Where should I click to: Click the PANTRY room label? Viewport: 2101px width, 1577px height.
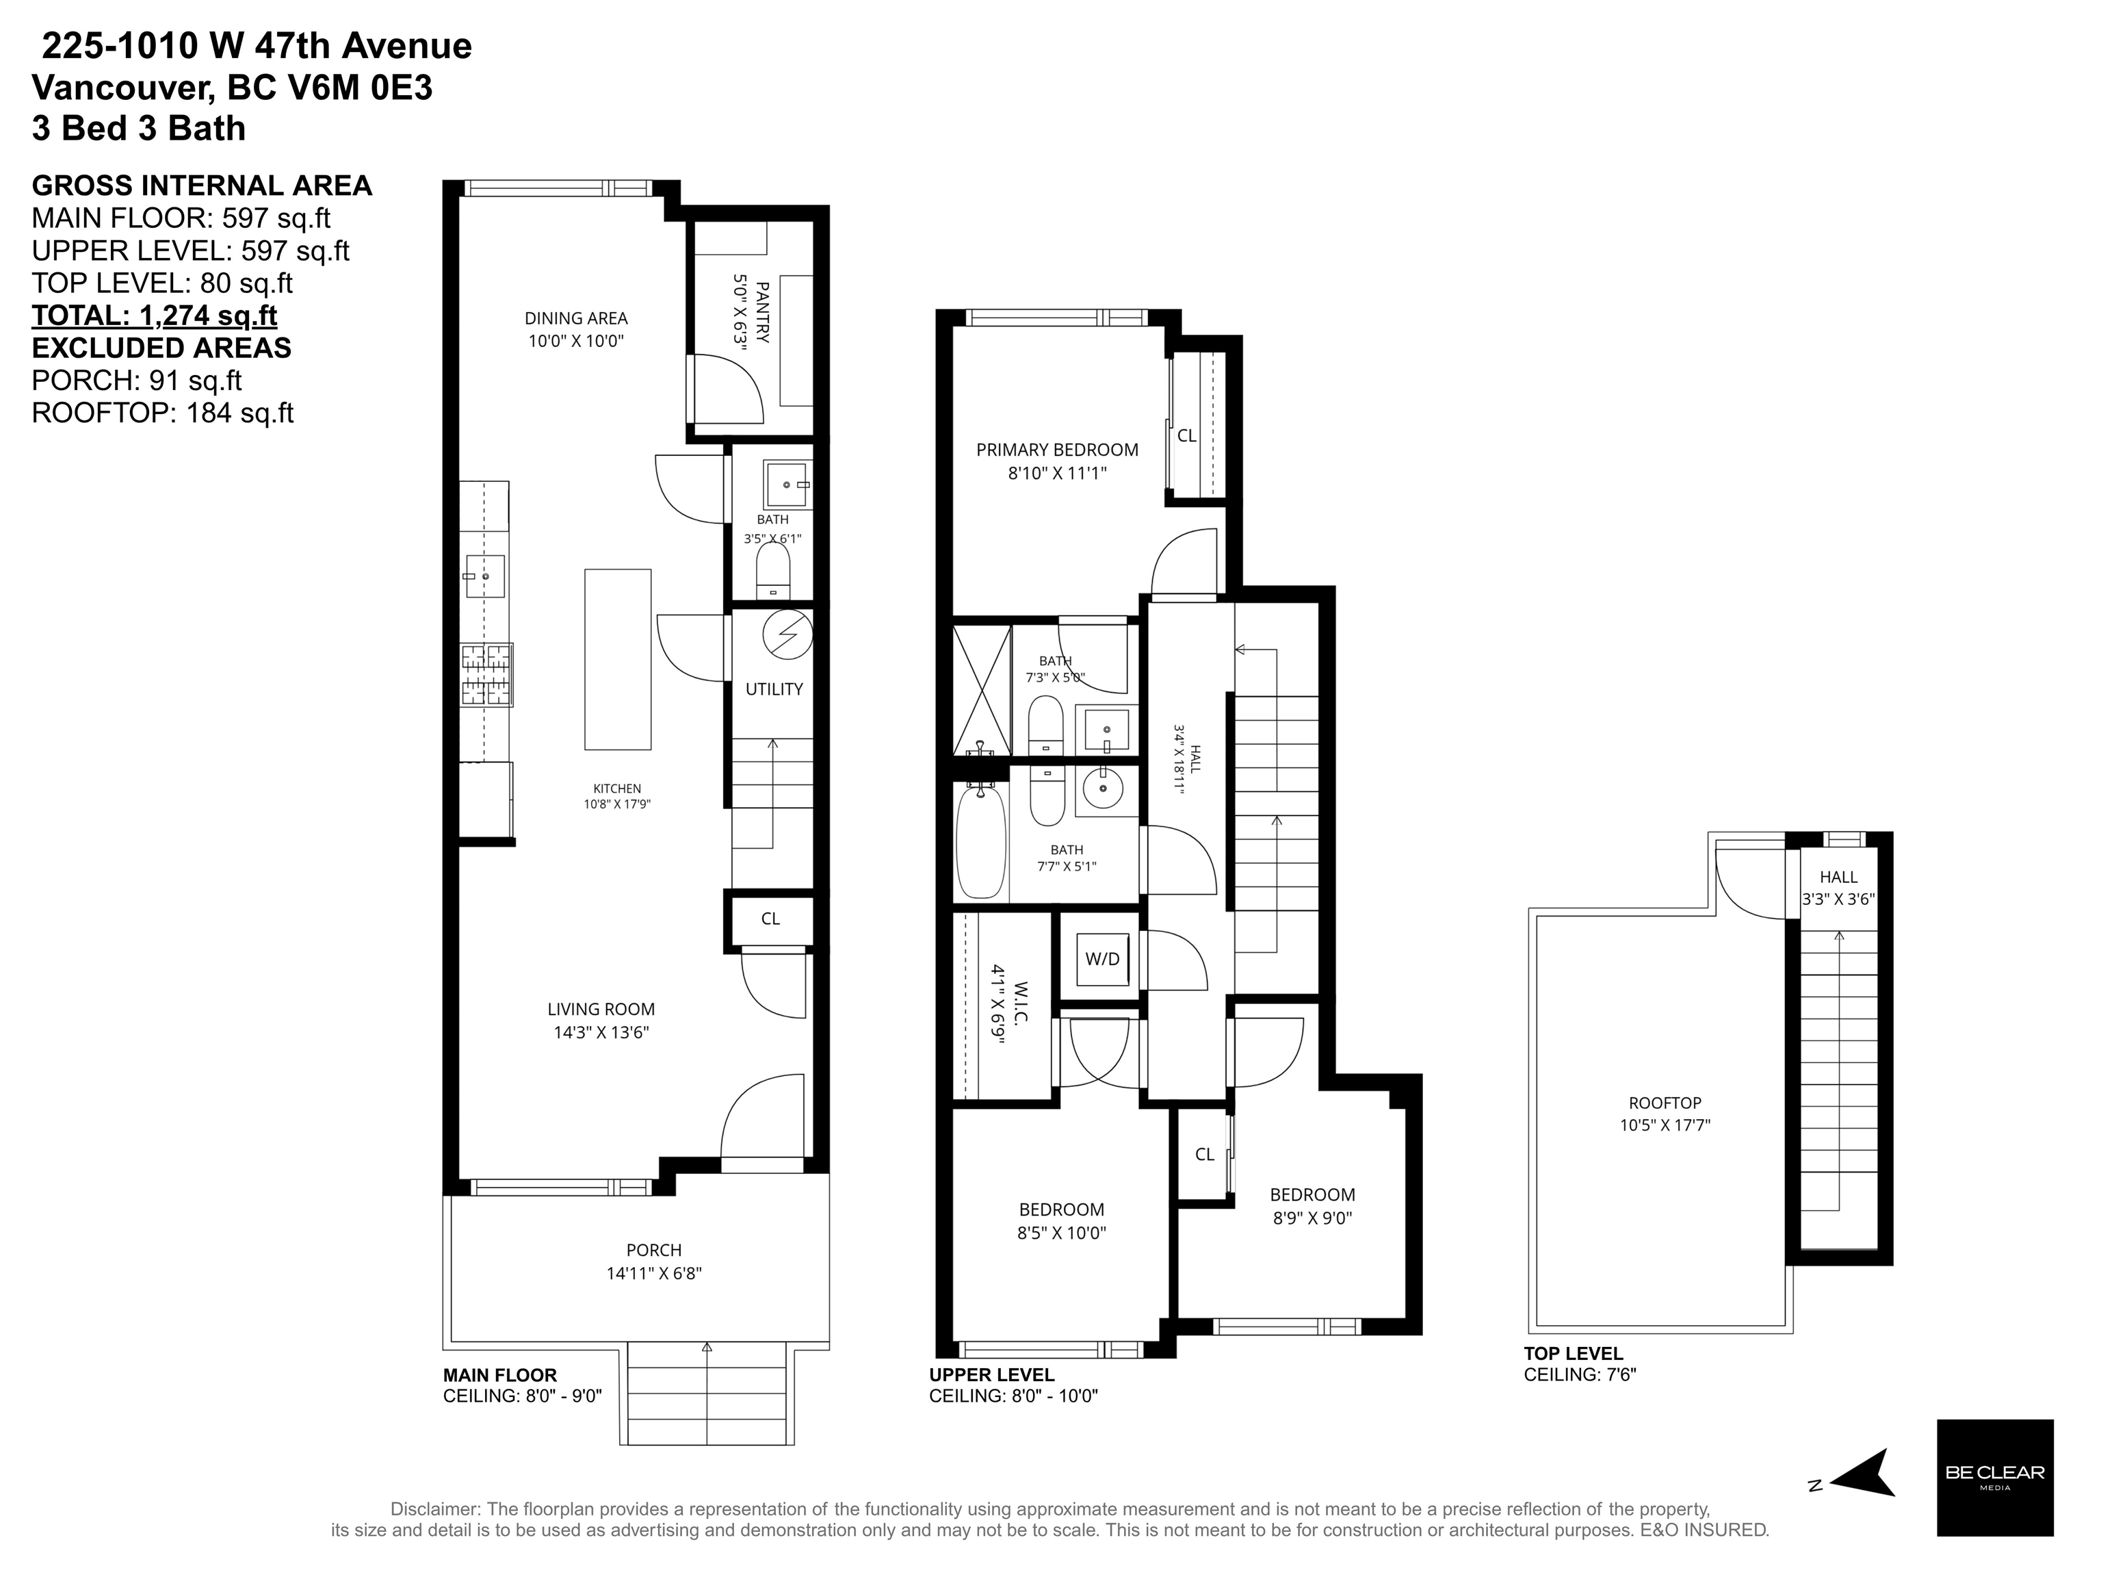point(761,311)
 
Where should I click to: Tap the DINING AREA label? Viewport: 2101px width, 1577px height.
point(577,319)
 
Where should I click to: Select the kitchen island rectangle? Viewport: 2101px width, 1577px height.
point(617,659)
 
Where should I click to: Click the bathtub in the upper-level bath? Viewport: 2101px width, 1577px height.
point(981,840)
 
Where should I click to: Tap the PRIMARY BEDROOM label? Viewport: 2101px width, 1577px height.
point(1057,450)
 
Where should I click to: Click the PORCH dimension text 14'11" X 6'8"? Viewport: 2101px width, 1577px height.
point(655,1274)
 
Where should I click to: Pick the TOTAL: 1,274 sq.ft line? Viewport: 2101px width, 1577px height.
point(155,316)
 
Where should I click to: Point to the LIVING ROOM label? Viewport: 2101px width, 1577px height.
point(601,1010)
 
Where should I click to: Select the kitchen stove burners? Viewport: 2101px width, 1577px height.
point(486,674)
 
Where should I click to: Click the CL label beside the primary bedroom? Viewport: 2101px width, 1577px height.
point(1186,436)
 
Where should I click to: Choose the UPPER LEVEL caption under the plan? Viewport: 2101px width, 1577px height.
point(991,1374)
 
